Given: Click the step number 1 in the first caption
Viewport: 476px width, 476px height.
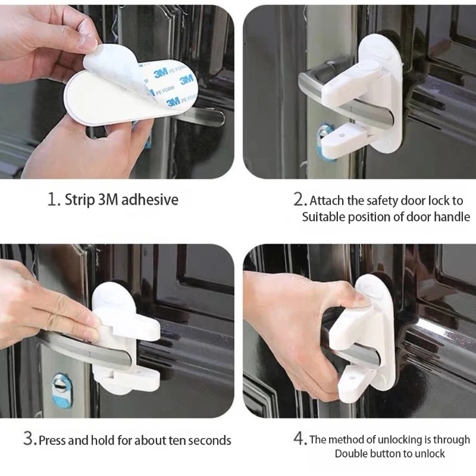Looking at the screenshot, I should pyautogui.click(x=52, y=199).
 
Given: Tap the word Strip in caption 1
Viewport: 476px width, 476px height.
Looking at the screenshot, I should pyautogui.click(x=79, y=199).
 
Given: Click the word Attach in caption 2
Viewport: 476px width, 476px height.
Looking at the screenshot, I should pyautogui.click(x=326, y=201).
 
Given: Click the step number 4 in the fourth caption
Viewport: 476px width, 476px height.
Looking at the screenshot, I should pyautogui.click(x=299, y=440).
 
